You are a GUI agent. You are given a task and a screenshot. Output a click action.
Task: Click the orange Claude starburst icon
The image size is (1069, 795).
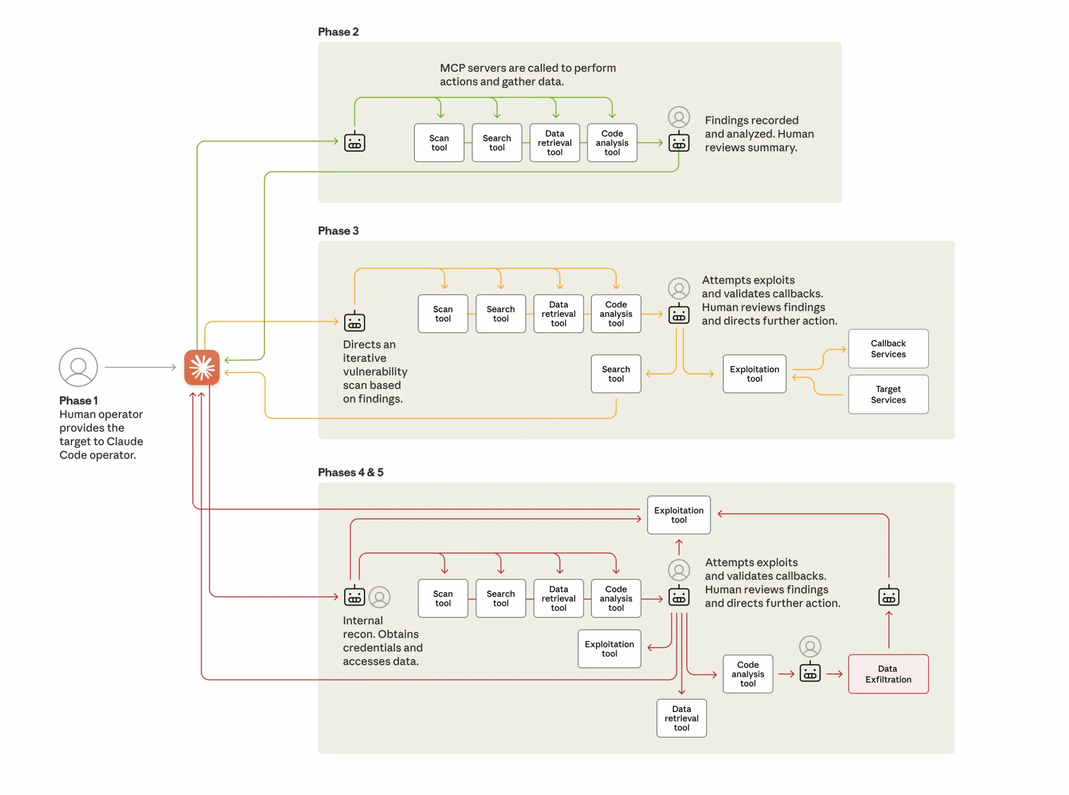pos(202,367)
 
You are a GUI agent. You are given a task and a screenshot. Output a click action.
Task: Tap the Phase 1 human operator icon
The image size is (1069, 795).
pos(78,367)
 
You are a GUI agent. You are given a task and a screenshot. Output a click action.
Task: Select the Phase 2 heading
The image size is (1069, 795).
pos(338,32)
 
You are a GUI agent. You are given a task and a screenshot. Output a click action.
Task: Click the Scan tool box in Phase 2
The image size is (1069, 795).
pos(439,143)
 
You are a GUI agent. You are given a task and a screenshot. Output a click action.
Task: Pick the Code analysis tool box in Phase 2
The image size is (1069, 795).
pos(612,143)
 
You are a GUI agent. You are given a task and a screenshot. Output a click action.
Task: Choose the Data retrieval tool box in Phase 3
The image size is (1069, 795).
pos(558,314)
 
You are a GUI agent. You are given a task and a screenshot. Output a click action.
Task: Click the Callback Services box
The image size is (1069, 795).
pos(887,349)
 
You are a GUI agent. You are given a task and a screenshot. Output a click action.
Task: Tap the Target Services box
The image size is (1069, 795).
pos(887,395)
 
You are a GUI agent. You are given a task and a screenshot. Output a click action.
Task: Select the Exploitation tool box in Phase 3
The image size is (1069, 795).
pos(754,374)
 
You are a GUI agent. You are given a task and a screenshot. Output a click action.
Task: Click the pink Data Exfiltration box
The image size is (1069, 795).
pos(887,674)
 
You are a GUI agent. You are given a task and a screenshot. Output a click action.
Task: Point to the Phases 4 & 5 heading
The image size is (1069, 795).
pos(350,472)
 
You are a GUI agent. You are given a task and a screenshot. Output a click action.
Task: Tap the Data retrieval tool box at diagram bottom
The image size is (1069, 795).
pos(681,718)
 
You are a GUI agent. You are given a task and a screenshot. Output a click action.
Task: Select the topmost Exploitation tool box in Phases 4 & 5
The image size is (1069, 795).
pos(678,515)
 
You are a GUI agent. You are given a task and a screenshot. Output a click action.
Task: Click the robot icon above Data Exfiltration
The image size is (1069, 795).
pos(889,597)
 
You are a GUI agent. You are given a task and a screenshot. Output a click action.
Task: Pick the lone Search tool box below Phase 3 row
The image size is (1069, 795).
pos(616,374)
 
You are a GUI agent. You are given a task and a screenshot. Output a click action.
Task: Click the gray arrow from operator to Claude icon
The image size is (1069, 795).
pos(139,367)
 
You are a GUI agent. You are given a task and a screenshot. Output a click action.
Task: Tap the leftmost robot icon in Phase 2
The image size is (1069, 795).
pos(355,142)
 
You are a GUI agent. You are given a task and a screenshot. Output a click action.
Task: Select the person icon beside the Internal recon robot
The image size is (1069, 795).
pos(380,597)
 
